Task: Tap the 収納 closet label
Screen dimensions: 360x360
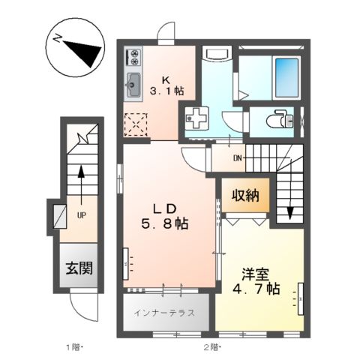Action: pos(244,196)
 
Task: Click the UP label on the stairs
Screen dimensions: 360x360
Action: pos(79,214)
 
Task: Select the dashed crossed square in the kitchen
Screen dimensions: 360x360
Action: pos(137,124)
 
